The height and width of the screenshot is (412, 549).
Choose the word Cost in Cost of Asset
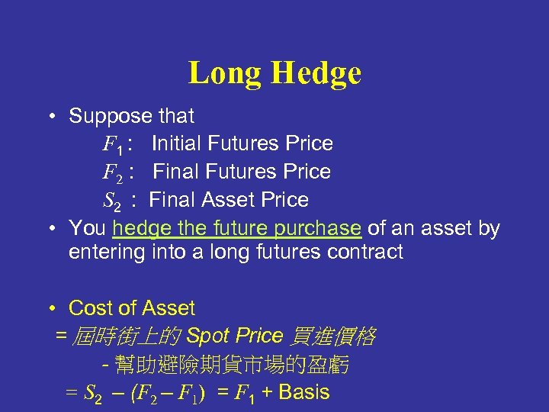(91, 308)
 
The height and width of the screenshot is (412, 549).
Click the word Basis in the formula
(304, 392)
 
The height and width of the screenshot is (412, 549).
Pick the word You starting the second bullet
(87, 228)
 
